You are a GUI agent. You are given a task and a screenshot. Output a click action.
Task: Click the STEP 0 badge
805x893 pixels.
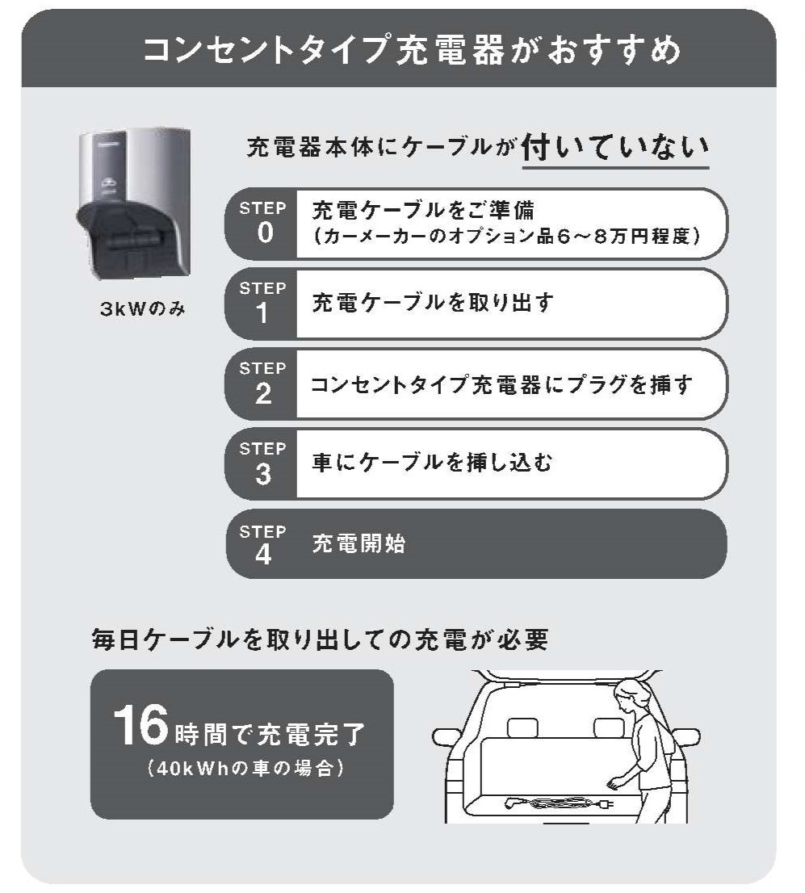click(262, 223)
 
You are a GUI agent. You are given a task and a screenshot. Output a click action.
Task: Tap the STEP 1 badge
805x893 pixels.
click(262, 304)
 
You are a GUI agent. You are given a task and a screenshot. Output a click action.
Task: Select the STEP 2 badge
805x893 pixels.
click(262, 384)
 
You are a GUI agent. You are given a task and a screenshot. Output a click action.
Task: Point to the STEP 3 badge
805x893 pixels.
click(262, 464)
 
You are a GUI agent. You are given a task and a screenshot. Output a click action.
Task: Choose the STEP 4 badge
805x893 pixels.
click(262, 544)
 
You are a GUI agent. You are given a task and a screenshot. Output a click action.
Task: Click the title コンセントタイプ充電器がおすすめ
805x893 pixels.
click(411, 50)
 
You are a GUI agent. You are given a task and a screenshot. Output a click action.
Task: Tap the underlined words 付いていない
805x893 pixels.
click(615, 148)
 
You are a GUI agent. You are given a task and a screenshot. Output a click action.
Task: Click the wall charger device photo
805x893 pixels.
click(134, 203)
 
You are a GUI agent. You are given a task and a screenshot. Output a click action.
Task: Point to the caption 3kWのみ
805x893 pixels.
click(142, 308)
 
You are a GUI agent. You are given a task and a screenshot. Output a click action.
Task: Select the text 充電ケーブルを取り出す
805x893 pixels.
click(433, 303)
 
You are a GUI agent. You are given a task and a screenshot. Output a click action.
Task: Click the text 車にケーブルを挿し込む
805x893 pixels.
click(432, 463)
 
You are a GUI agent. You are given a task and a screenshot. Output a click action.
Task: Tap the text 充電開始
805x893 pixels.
click(359, 544)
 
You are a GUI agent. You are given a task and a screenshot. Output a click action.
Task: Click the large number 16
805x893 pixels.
click(140, 724)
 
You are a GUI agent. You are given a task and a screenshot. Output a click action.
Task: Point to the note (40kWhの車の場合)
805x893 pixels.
click(245, 769)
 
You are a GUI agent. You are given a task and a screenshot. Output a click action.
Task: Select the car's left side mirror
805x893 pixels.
click(446, 737)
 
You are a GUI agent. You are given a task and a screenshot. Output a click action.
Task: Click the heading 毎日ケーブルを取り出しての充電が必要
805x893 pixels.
click(320, 639)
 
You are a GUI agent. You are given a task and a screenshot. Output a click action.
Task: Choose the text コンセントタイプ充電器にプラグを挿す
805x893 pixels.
click(501, 384)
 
